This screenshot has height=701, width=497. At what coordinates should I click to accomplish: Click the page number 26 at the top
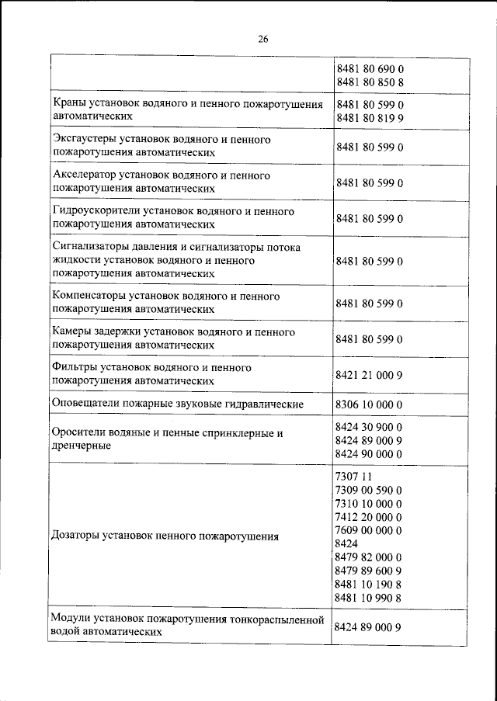click(x=262, y=39)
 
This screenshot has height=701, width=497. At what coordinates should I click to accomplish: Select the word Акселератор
click(x=85, y=175)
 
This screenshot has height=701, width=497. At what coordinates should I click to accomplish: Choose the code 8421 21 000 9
click(x=369, y=374)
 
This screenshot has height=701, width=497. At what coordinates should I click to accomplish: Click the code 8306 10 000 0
click(x=369, y=404)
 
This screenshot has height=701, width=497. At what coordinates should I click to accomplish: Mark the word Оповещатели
click(x=85, y=404)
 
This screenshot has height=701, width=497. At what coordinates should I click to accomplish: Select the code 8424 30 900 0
click(x=369, y=426)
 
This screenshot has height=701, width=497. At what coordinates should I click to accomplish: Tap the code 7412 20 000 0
click(x=369, y=516)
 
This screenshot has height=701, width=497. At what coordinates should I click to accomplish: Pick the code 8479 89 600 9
click(x=369, y=571)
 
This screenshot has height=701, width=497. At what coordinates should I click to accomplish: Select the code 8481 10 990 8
click(x=369, y=597)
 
